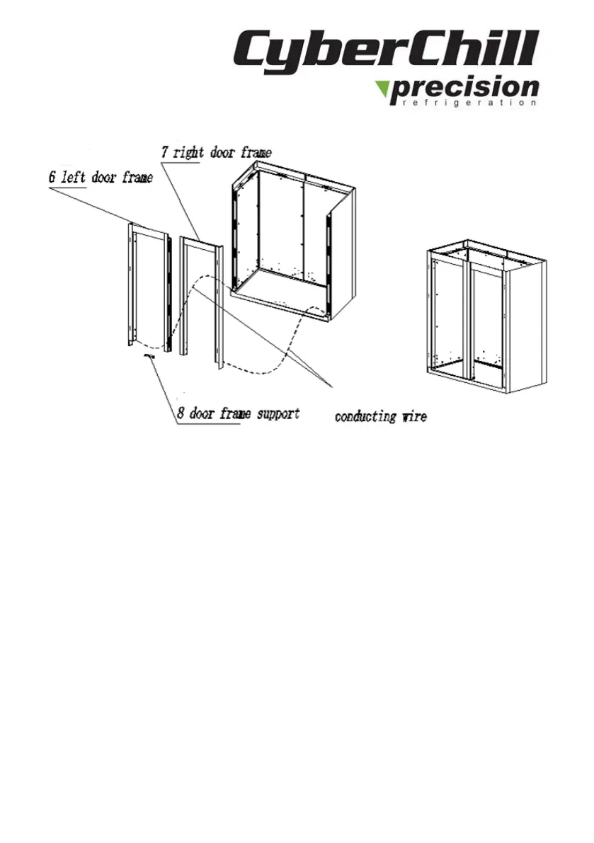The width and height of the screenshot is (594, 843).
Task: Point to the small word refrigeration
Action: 464,103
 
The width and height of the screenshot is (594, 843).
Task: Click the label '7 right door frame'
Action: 214,152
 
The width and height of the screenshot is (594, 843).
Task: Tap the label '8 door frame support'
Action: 238,413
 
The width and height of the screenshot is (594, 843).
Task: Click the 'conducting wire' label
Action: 380,416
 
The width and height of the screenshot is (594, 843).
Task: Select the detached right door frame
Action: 202,297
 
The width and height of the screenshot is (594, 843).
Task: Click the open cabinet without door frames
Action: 294,241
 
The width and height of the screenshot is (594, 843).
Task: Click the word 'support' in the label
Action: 277,413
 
